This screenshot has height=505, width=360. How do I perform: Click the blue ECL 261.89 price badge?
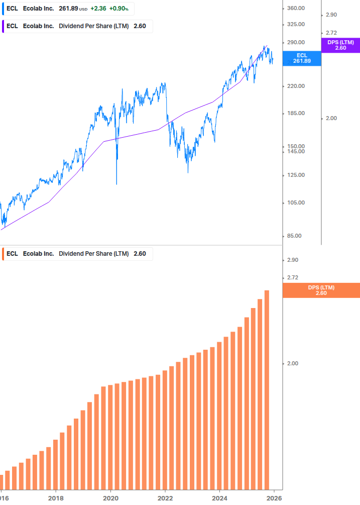click(302, 58)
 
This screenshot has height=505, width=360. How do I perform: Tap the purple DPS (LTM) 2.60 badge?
click(340, 45)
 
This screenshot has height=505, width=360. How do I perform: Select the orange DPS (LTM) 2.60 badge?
click(321, 290)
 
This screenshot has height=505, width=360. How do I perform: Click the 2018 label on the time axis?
click(56, 498)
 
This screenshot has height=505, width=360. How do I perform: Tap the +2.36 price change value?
click(98, 9)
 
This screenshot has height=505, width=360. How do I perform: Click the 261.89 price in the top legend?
click(68, 9)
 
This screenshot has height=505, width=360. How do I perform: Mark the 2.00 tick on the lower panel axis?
click(292, 364)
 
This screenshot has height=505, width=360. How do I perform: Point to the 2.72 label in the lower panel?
click(292, 277)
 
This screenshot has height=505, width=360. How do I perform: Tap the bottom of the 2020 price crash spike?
click(116, 184)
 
